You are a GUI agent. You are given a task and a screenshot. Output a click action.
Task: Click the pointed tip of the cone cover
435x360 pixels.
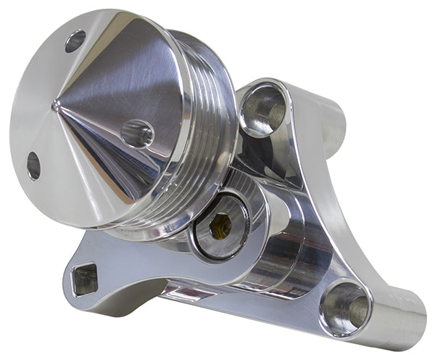tap(56, 107)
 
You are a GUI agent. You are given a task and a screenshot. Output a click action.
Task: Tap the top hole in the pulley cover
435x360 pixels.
tap(75, 41)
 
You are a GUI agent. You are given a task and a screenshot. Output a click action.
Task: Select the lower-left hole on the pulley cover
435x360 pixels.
tap(33, 165)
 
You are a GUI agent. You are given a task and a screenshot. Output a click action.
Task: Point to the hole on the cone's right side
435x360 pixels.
tap(137, 133)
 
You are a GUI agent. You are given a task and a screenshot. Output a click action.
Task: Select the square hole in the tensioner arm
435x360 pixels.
tap(85, 279)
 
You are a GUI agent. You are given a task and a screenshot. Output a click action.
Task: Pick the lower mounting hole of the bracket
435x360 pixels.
tap(345, 306)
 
